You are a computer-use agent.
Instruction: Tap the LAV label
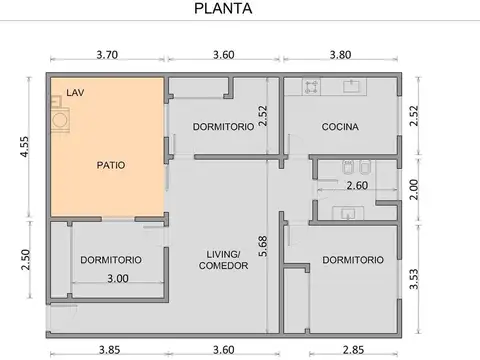coord(75,93)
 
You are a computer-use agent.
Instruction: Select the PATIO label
coord(111,165)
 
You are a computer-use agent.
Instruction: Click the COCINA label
coord(340,126)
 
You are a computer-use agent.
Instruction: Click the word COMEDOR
coord(216,266)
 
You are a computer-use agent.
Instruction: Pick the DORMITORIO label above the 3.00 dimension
coord(111,259)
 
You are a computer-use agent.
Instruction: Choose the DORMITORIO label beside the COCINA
coord(222,126)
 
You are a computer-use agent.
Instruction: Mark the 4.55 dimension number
coord(23,148)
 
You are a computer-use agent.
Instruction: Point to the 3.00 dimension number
coord(118,279)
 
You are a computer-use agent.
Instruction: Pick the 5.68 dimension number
coord(263,246)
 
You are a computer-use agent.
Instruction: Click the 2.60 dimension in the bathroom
coord(357,186)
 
